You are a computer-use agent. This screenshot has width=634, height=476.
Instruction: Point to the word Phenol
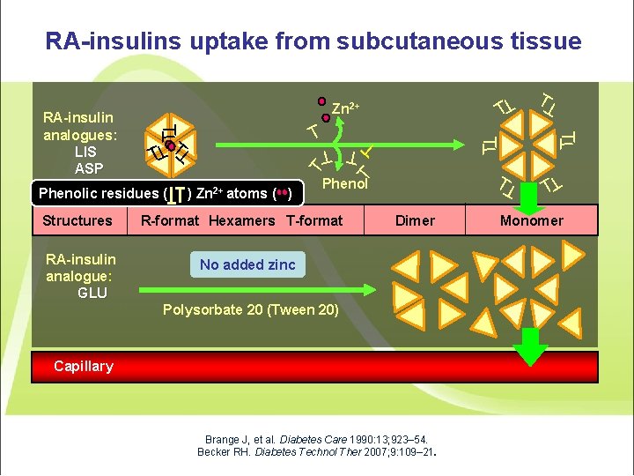click(345, 183)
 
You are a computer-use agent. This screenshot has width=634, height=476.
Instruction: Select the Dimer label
click(415, 220)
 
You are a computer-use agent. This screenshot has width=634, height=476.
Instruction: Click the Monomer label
click(531, 220)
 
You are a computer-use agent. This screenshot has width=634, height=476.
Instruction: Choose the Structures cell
click(77, 220)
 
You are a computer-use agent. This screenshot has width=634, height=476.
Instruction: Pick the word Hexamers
click(244, 220)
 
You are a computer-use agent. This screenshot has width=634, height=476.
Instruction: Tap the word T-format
click(314, 220)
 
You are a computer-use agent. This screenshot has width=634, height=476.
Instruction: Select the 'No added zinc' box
click(247, 264)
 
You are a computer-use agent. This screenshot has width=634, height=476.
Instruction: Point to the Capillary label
click(84, 366)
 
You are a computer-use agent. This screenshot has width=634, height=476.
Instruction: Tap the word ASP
click(89, 168)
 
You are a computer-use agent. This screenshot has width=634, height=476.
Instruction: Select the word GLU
click(92, 293)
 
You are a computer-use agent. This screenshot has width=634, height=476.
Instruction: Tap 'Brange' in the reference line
click(221, 439)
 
